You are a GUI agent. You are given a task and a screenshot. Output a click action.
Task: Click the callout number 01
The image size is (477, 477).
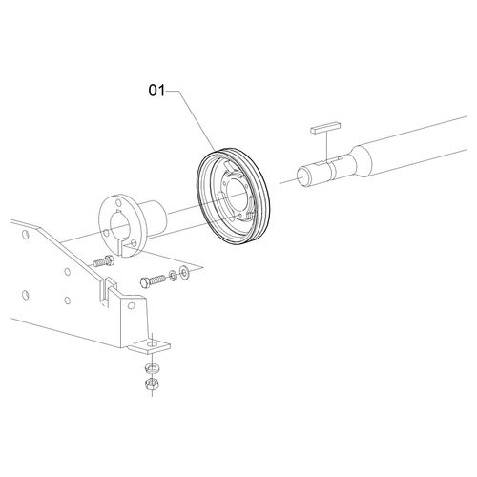[x=156, y=91]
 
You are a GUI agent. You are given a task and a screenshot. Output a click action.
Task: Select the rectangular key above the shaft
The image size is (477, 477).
[x=326, y=128]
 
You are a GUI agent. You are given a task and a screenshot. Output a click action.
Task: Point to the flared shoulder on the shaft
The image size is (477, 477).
[x=361, y=162]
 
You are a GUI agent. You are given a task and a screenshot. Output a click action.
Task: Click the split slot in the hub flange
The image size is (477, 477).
[x=120, y=249]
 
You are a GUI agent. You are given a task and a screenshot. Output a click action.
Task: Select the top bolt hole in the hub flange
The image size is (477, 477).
[x=118, y=203]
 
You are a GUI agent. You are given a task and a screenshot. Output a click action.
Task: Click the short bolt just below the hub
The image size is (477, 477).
[x=103, y=261]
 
